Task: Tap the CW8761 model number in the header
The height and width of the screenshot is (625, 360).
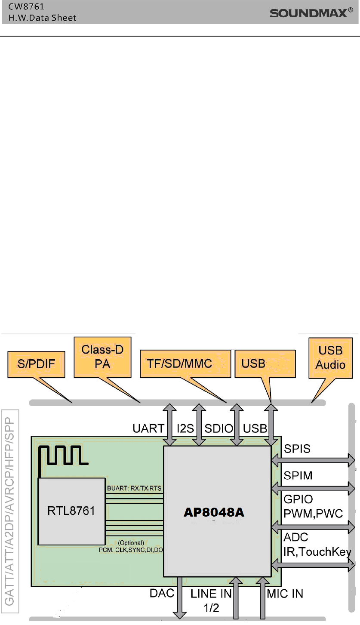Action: [28, 7]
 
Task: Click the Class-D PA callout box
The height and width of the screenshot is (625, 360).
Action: [102, 357]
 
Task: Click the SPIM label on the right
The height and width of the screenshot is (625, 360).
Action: [298, 475]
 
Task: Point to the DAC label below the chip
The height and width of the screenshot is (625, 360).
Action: [162, 594]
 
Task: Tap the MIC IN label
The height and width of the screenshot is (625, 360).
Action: [285, 594]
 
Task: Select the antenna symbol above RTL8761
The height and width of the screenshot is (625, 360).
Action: [62, 457]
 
